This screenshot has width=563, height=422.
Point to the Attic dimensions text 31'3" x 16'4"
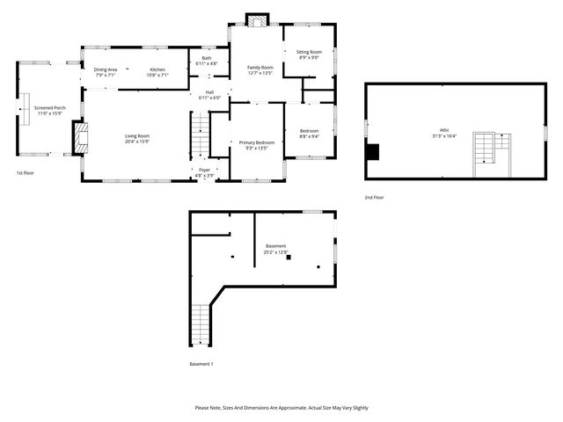[x=445, y=135]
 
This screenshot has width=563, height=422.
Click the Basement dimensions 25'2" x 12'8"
[x=275, y=252]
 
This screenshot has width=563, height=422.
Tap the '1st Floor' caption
[x=25, y=173]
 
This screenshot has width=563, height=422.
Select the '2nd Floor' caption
[x=375, y=197]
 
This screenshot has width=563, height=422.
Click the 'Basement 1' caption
[x=201, y=363]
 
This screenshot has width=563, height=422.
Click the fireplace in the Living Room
[x=81, y=137]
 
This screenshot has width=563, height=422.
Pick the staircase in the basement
[x=201, y=324]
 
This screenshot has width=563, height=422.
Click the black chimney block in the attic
[x=372, y=152]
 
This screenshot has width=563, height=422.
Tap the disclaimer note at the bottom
[x=281, y=408]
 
